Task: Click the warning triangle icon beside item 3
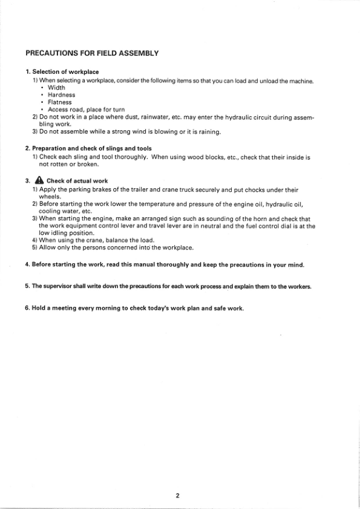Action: (40, 180)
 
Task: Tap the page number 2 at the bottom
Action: (178, 496)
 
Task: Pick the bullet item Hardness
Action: (62, 94)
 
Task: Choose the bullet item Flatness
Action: (60, 102)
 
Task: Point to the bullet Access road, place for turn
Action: (86, 110)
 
